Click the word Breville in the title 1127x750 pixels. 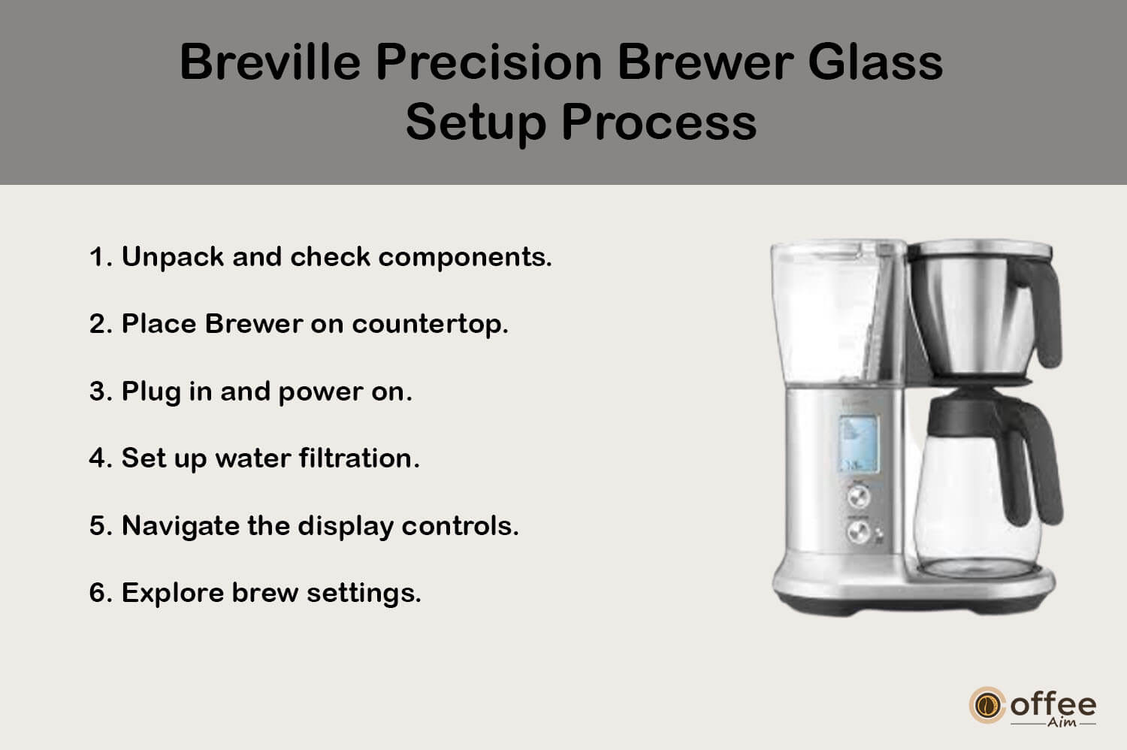pos(270,62)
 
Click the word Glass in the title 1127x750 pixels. pos(875,62)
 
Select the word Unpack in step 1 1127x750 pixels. pos(173,258)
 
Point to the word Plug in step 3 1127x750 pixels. pos(151,392)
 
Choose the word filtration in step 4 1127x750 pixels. pos(359,458)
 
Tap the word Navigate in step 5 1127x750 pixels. pos(180,527)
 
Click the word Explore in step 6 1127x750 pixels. pos(173,593)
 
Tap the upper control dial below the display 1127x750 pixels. pos(858,497)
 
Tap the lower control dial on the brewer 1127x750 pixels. pos(858,531)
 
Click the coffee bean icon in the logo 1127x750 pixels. pos(987,705)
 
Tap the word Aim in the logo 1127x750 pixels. pos(1062,722)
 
